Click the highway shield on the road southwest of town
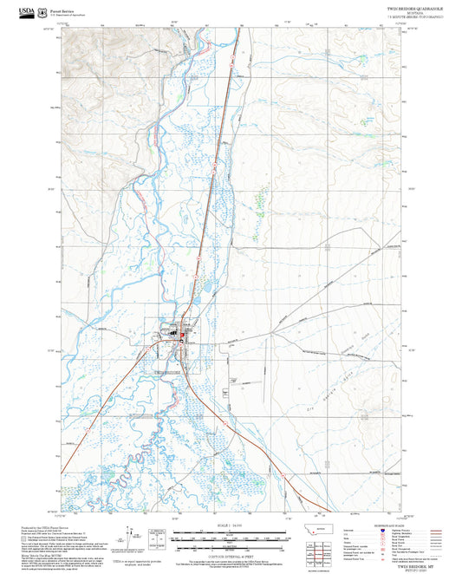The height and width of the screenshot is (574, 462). pos(88,427)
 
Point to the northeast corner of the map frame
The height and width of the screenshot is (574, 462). pos(401,31)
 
